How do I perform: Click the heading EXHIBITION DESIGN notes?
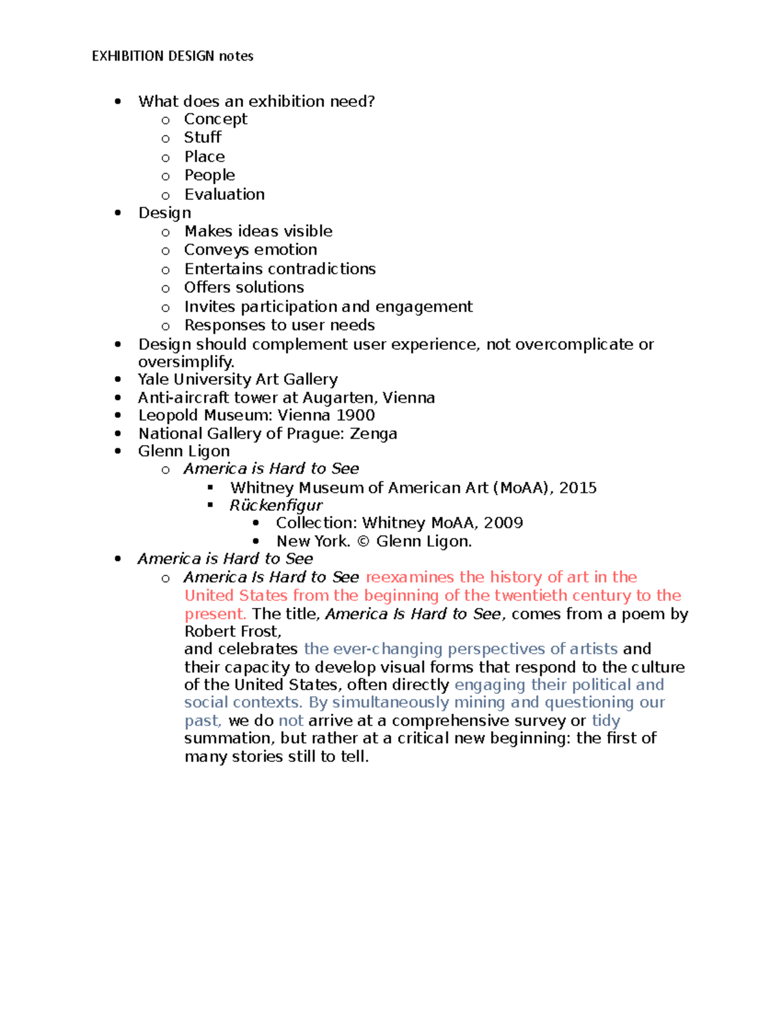tap(173, 56)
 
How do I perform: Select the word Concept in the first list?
tap(216, 119)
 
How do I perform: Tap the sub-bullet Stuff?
tap(203, 137)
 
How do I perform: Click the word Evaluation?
tap(224, 194)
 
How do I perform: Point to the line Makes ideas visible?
tap(258, 231)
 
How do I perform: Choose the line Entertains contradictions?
tap(280, 269)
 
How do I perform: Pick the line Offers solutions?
tap(244, 287)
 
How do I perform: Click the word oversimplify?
tap(186, 362)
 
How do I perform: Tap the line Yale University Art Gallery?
tap(238, 379)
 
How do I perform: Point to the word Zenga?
tap(373, 434)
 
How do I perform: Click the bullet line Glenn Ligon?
tap(184, 451)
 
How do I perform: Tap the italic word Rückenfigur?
tap(276, 506)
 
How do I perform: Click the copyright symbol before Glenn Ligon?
tap(363, 542)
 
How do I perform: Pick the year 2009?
tap(504, 523)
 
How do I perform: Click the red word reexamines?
tap(409, 577)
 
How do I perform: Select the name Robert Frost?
tap(232, 631)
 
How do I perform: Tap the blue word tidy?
tap(605, 721)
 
